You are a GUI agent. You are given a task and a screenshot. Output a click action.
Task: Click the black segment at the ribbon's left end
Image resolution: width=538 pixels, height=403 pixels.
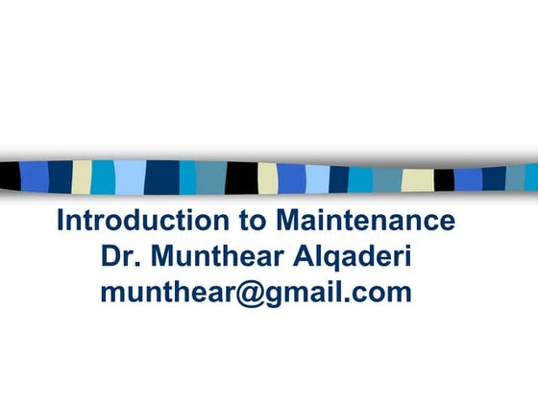coord(10,176)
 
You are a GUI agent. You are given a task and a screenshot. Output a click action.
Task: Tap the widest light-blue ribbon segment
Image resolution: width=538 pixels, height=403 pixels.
coord(130,176)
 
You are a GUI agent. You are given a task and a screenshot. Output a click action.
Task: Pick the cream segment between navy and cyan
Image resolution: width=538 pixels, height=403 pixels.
coord(82,176)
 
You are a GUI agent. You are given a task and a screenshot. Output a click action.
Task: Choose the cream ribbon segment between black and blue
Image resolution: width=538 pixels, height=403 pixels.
coord(267,178)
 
